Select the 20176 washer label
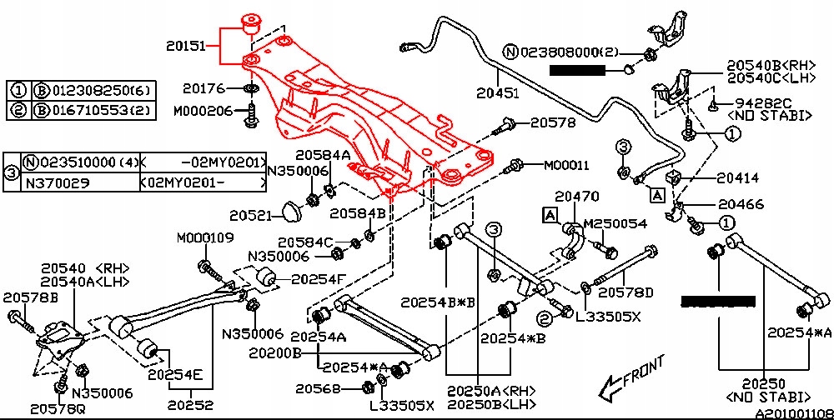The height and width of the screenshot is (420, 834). click(203, 87)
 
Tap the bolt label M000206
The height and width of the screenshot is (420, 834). click(203, 111)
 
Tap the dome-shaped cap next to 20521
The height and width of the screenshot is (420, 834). click(290, 212)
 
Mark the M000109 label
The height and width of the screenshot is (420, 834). click(205, 238)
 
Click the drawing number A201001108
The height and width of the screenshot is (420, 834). click(792, 412)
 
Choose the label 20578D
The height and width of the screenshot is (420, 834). click(626, 292)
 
